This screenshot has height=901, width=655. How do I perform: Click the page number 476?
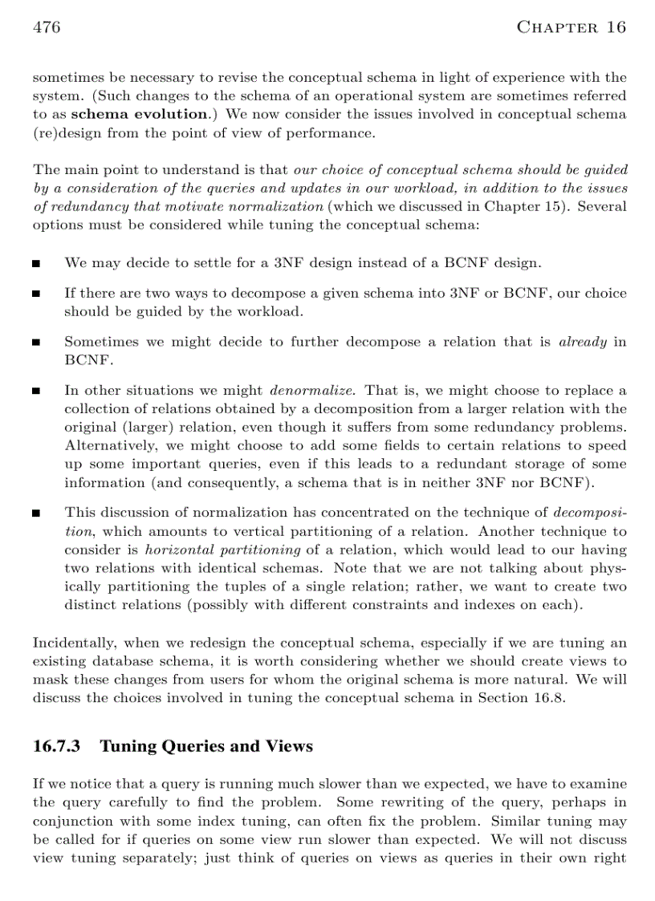point(47,27)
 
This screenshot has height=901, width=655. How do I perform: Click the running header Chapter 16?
point(571,27)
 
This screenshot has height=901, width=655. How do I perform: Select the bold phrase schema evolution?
point(140,114)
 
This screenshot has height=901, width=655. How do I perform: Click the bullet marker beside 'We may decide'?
point(37,263)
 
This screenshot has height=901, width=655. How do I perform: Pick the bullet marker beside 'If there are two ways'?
point(37,294)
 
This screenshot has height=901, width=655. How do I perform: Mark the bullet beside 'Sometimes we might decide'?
point(37,343)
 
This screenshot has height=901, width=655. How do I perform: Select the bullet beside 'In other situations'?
point(37,392)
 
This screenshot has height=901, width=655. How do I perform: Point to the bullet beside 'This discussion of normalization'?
point(37,513)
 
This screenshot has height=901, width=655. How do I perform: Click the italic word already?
point(582,342)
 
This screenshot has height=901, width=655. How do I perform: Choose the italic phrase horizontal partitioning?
point(222,550)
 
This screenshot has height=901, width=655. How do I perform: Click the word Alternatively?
point(112,445)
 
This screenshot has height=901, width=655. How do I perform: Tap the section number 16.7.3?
point(57,746)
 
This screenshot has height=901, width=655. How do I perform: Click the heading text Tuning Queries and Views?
point(205,746)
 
